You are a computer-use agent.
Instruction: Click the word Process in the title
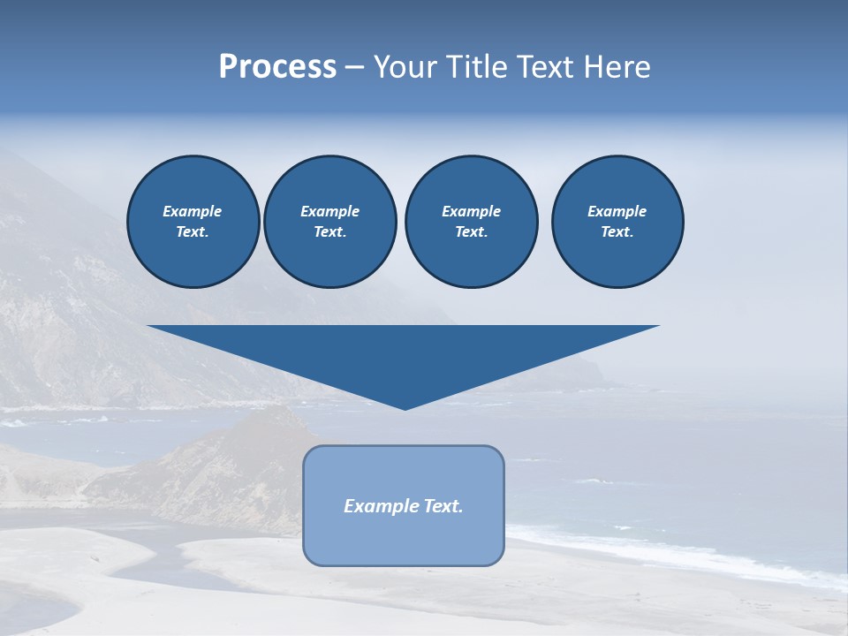pos(277,67)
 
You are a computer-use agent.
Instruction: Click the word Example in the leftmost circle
pos(193,211)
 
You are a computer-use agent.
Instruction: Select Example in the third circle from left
pos(471,211)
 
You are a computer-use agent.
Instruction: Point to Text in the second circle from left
pos(329,231)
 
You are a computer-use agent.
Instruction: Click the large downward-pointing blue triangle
pos(404,353)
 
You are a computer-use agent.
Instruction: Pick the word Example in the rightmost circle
pos(617,211)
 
